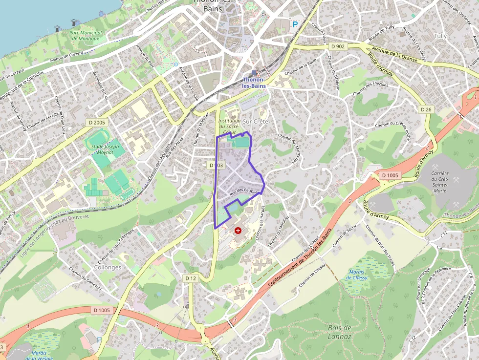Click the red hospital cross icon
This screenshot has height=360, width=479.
point(238,230)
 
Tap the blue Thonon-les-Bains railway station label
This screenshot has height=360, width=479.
point(254,83)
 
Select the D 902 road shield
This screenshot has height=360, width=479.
point(337,46)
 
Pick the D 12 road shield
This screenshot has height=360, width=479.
point(191,278)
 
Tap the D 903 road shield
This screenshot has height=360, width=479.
point(216,166)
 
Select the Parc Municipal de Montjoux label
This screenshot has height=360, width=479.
point(86,36)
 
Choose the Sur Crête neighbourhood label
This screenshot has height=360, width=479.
point(256,121)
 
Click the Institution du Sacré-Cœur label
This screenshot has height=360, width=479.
point(229,126)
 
